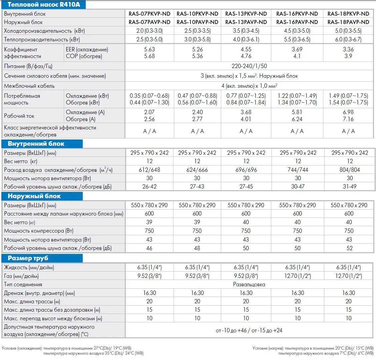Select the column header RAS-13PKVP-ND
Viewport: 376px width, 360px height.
[246, 14]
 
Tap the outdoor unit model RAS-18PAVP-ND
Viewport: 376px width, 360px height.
[348, 22]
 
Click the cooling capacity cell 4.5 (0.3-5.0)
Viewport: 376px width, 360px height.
[297, 31]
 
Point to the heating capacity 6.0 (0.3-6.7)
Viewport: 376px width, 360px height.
[348, 39]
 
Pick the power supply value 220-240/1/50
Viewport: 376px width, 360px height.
[249, 66]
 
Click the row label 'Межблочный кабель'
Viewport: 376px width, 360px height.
[29, 86]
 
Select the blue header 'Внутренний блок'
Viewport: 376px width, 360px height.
[36, 144]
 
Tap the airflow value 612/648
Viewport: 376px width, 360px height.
[149, 170]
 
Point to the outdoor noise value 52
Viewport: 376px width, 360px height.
[349, 248]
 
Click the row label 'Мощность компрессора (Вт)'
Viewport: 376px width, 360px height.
[39, 231]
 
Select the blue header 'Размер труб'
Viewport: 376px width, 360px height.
[28, 258]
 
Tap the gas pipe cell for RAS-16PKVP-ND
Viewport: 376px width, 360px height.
[298, 276]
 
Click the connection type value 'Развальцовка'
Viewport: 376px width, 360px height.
[249, 285]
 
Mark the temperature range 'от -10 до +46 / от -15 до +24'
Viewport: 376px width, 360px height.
[249, 330]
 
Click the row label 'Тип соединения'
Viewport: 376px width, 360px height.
[23, 285]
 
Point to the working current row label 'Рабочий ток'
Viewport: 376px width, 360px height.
[19, 116]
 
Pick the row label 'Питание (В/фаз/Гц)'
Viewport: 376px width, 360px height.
[28, 66]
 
